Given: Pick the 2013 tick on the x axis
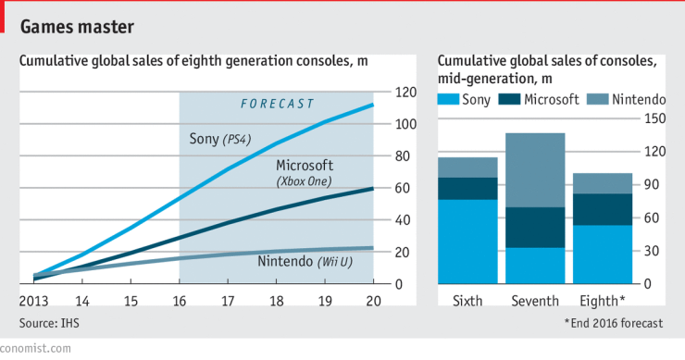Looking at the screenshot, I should [33, 301].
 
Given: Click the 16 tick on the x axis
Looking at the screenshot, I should [179, 301].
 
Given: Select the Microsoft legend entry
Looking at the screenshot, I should [539, 99].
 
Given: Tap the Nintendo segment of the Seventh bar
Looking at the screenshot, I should [535, 170].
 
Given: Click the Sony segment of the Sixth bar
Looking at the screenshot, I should [467, 242].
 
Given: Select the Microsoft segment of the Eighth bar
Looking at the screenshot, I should [602, 209].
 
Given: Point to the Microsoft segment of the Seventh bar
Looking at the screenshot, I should [535, 228].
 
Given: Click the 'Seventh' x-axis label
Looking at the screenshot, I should [535, 301].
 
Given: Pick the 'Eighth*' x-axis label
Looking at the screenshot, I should [603, 301].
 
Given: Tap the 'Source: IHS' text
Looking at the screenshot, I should [55, 322].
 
